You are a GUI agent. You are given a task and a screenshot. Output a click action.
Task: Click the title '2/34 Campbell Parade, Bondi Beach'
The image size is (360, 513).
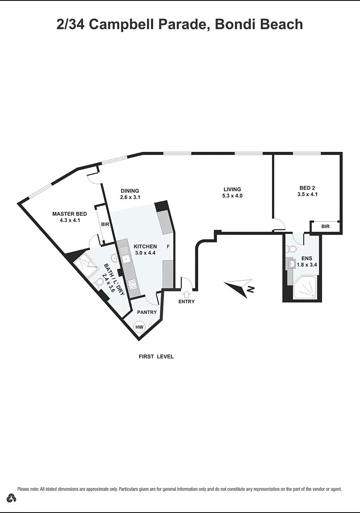180,24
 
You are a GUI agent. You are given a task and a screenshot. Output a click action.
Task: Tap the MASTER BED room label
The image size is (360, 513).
69,214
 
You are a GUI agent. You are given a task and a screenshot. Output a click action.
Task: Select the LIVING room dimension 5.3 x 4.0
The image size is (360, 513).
232,196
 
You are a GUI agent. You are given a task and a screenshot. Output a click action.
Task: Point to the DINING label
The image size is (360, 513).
130,191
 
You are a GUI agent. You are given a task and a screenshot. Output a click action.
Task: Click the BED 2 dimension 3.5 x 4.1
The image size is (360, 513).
307,194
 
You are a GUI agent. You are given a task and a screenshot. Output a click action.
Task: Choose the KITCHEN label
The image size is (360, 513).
145,246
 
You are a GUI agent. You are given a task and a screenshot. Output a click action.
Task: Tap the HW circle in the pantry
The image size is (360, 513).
139,327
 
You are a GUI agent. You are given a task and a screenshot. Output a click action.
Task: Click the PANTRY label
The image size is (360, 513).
147,312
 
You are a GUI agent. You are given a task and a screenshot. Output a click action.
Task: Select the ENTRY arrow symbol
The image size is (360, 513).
187,294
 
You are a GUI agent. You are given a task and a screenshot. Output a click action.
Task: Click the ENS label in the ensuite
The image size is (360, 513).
307,258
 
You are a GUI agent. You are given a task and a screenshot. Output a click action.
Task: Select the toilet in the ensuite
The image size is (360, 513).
291,248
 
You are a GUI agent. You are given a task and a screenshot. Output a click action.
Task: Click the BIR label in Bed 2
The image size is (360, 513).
325,226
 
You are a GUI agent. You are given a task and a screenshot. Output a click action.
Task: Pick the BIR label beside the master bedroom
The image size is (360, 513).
105,224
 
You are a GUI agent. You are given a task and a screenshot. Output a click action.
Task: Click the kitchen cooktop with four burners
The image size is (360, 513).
132,284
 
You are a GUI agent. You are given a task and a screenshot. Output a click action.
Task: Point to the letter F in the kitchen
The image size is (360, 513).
168,246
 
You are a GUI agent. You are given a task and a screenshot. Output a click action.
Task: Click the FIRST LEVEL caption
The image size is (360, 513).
156,356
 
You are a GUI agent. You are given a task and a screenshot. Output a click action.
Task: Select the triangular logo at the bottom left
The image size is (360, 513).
12,498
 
